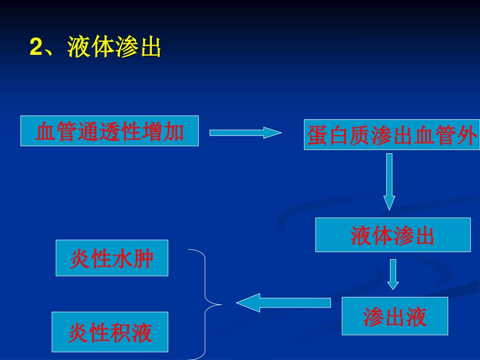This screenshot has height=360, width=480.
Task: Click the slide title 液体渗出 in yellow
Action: click(x=114, y=47)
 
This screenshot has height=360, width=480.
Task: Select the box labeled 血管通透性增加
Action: click(x=109, y=131)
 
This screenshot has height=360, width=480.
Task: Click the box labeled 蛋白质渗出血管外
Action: click(x=392, y=135)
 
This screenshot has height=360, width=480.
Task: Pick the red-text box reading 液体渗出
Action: click(x=393, y=235)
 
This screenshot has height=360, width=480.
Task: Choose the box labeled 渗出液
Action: click(x=395, y=316)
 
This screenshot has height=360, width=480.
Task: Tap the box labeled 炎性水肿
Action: click(x=112, y=258)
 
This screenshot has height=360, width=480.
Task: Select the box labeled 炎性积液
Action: click(x=110, y=332)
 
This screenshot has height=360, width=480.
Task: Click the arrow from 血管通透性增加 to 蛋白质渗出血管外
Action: click(x=245, y=133)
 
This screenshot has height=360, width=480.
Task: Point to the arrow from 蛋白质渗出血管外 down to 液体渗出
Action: click(x=389, y=182)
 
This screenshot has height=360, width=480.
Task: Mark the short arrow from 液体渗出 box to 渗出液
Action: click(x=393, y=274)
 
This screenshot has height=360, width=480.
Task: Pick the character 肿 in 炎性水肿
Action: click(x=143, y=258)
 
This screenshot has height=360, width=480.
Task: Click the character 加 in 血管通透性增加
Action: click(x=174, y=131)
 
